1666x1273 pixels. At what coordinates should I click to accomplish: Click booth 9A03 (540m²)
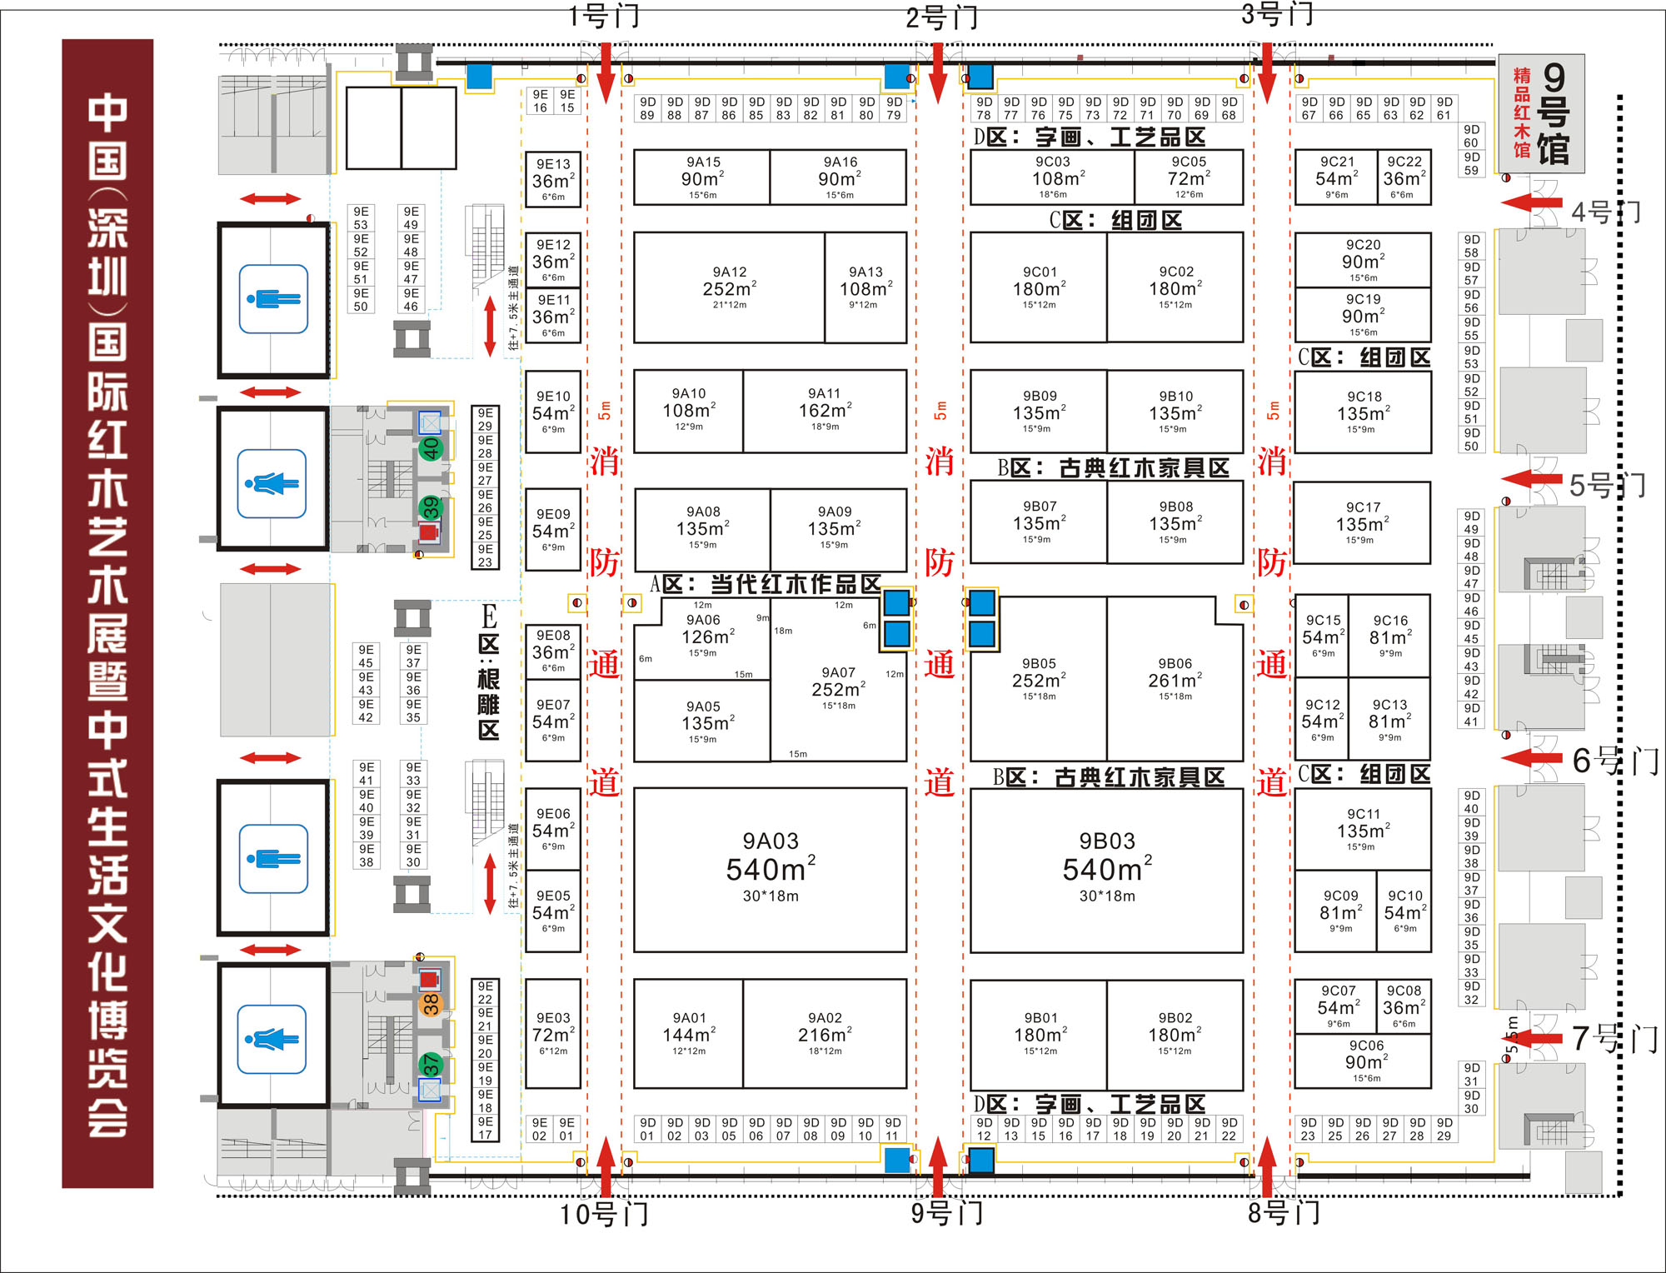coord(770,869)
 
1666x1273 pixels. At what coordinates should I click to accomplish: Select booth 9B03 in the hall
coord(1106,869)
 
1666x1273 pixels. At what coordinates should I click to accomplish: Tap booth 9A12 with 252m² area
coord(729,287)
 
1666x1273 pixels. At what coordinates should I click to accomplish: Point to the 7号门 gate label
coord(1614,1038)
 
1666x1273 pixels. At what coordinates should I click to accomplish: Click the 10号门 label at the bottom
coord(604,1215)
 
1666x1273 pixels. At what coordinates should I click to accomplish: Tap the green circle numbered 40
coord(430,449)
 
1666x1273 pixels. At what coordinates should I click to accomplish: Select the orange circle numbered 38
coord(430,1005)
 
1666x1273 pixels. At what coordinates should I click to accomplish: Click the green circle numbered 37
coord(431,1064)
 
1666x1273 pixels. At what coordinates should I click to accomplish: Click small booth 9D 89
coord(647,109)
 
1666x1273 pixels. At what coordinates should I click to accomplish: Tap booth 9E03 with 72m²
coord(553,1033)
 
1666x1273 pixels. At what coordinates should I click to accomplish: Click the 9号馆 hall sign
coord(1541,113)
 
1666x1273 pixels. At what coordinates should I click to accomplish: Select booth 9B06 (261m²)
coord(1175,679)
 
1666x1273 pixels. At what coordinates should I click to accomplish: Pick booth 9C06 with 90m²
coord(1366,1061)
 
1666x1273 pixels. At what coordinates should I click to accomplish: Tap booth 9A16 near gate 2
coord(839,177)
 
